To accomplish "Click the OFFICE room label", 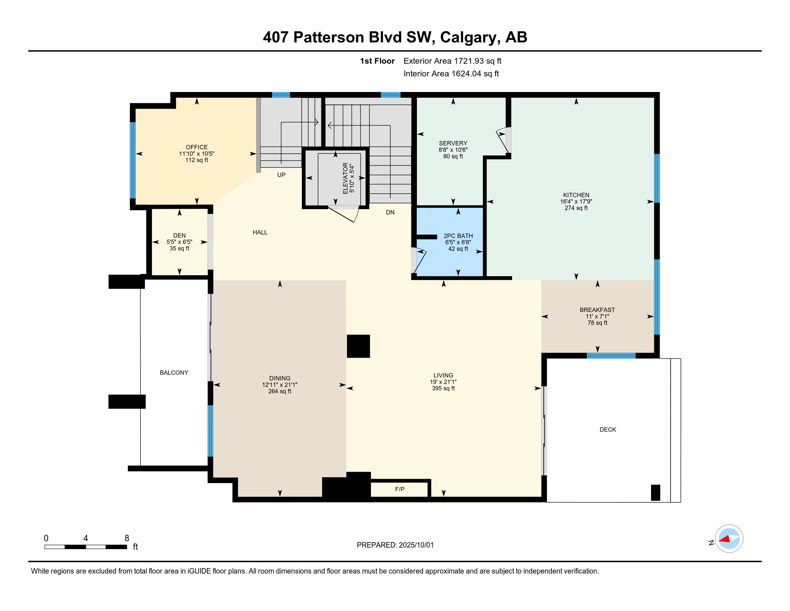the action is (196, 147).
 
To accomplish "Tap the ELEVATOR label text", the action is (345, 178).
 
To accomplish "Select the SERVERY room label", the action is (453, 143).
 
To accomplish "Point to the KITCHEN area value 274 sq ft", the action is (576, 208).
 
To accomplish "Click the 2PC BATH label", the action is (458, 236).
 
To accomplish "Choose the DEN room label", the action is (180, 235).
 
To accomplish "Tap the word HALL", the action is (260, 233).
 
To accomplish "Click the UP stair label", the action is (281, 175).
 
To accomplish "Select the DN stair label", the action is (390, 212).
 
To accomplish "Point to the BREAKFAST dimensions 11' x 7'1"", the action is (597, 316).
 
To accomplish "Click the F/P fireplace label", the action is (400, 490).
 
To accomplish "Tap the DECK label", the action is (608, 429).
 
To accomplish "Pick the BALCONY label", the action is (174, 372).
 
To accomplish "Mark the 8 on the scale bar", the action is (127, 538).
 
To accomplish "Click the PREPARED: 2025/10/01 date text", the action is (395, 545).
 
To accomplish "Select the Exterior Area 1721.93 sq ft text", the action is (452, 61).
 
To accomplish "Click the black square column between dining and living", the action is (358, 346).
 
